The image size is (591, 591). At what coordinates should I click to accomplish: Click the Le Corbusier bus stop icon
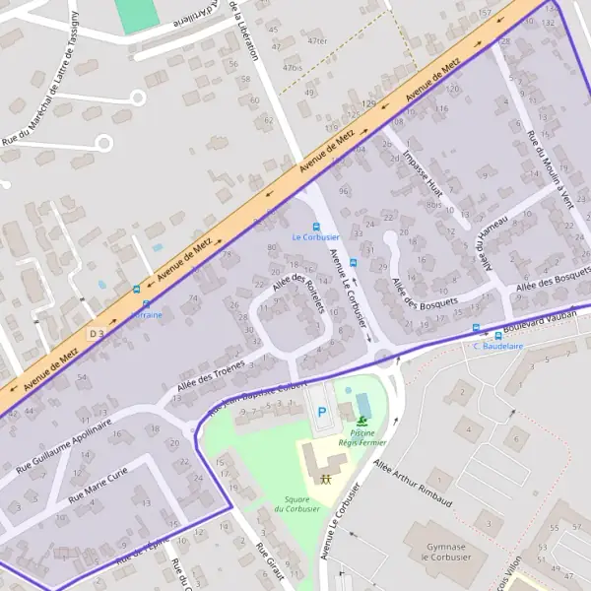pos(316,226)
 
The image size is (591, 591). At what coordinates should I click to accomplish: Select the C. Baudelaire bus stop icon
pos(477,328)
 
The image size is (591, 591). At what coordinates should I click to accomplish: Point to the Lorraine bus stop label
pos(147,315)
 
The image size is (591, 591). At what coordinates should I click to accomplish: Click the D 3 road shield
pos(97,334)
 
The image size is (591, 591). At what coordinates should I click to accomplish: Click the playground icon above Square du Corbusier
pos(325,477)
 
